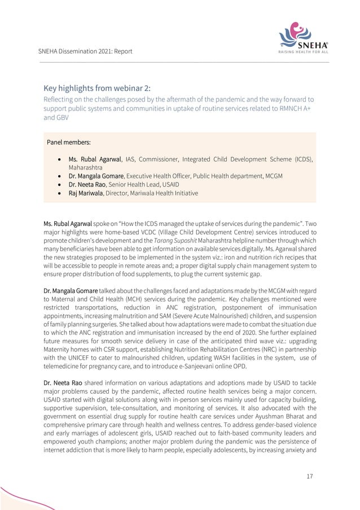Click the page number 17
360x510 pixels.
point(310,476)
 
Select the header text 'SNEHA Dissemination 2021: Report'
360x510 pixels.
point(85,51)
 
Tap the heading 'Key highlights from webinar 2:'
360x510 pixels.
point(97,88)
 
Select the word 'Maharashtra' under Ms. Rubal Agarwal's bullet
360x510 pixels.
point(86,168)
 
